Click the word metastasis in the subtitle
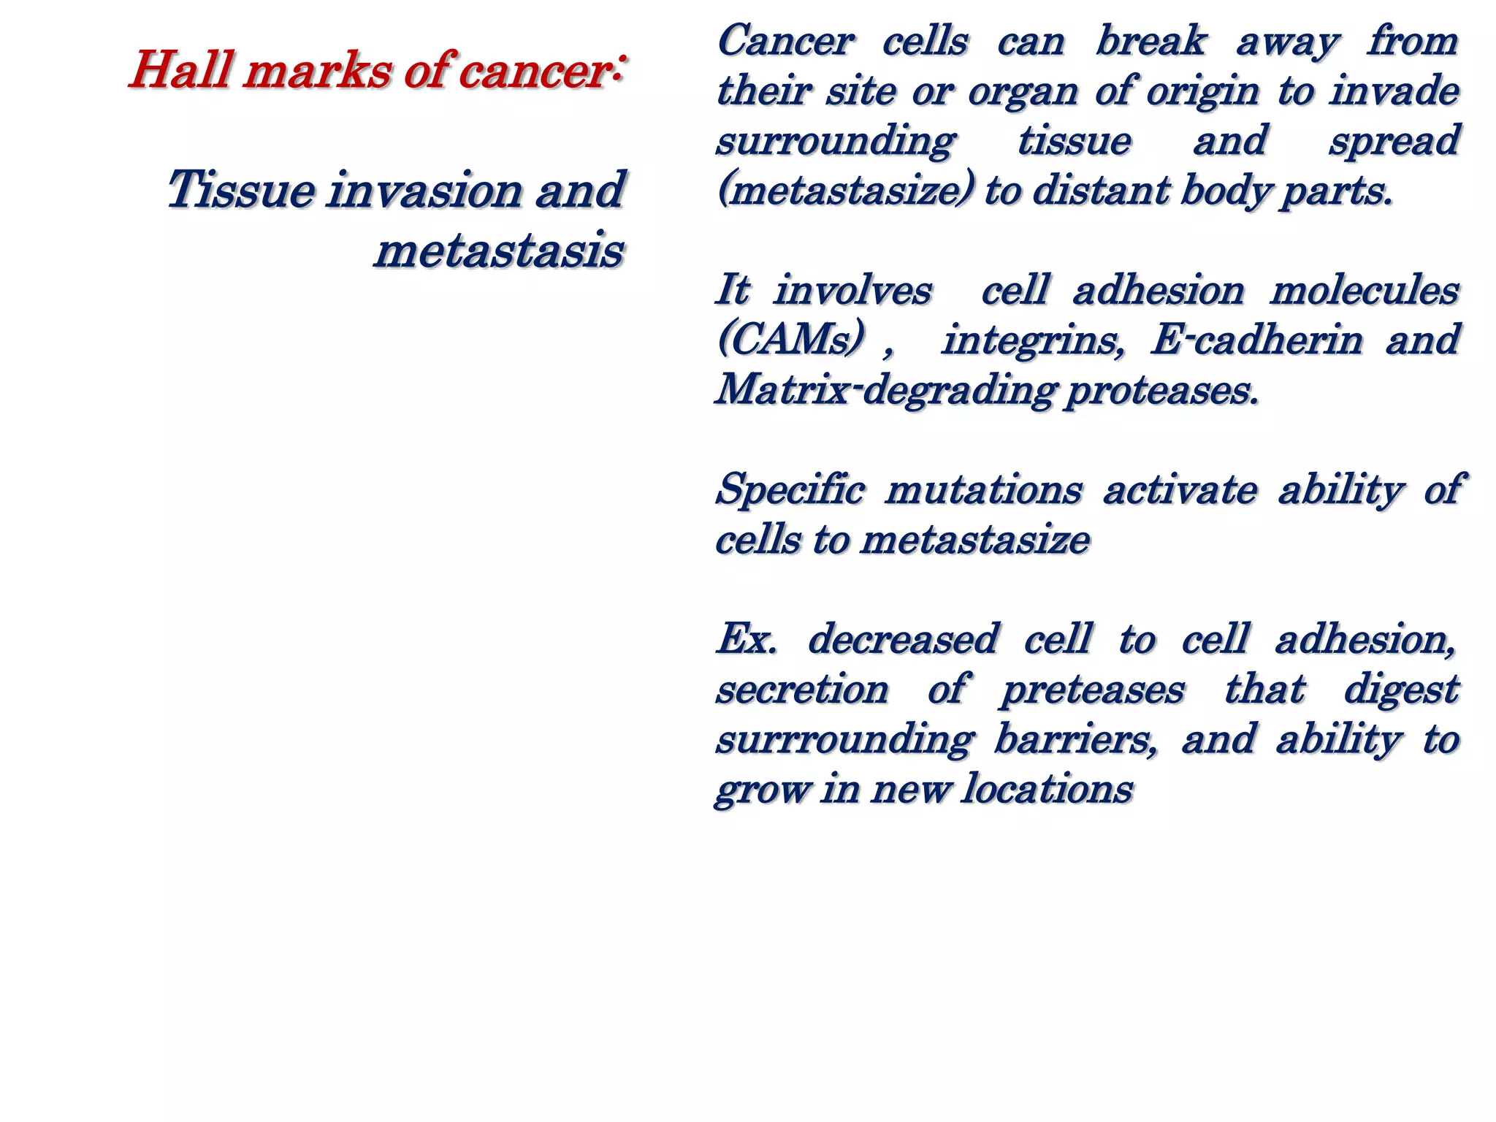click(500, 251)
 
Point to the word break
click(1150, 42)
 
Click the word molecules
click(1365, 291)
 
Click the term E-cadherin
click(1256, 340)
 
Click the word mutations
click(982, 490)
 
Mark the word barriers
click(1075, 739)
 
